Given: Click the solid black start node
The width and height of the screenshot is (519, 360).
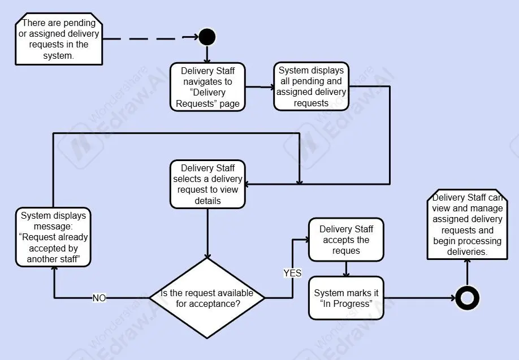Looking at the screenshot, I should pyautogui.click(x=207, y=37).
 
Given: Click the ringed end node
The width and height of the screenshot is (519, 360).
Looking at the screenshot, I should pyautogui.click(x=467, y=297).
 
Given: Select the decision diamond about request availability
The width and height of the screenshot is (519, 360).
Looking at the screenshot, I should pyautogui.click(x=207, y=297).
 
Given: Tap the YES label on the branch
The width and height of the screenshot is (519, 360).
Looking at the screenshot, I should pyautogui.click(x=292, y=273).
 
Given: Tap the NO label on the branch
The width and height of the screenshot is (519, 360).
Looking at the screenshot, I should pyautogui.click(x=99, y=298).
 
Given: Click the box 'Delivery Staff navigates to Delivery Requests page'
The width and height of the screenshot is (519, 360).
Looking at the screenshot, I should pyautogui.click(x=207, y=87).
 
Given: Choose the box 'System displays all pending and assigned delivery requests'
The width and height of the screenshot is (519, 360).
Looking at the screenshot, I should pyautogui.click(x=311, y=86).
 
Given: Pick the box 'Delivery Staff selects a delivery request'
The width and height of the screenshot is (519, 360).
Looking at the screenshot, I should pyautogui.click(x=207, y=184).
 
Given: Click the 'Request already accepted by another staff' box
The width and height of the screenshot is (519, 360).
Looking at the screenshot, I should pyautogui.click(x=53, y=237).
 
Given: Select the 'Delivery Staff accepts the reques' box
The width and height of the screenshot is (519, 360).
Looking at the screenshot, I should pyautogui.click(x=346, y=240).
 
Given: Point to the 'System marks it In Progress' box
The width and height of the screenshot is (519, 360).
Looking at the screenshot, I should pyautogui.click(x=346, y=298).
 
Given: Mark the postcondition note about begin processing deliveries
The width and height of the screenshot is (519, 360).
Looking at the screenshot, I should pyautogui.click(x=467, y=225).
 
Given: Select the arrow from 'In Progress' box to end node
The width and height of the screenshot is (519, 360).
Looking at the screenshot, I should pyautogui.click(x=418, y=298).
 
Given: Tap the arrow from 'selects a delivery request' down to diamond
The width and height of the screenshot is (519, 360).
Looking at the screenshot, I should pyautogui.click(x=207, y=232).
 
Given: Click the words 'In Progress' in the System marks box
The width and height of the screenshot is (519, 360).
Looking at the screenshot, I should pyautogui.click(x=347, y=304).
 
